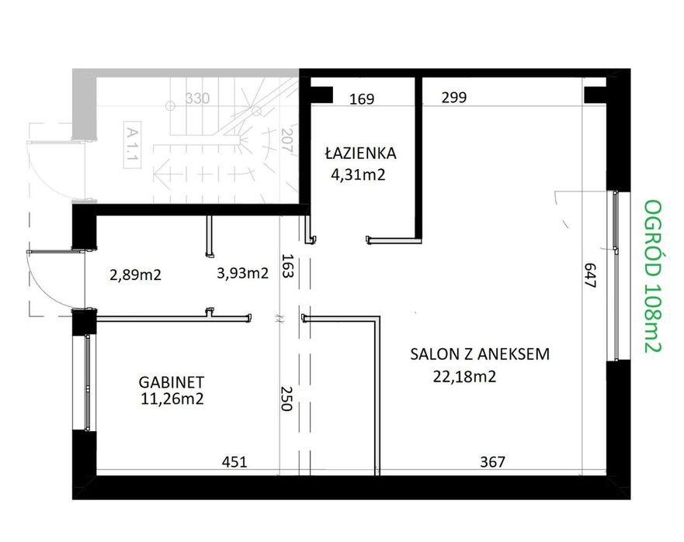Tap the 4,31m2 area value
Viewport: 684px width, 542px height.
[358, 174]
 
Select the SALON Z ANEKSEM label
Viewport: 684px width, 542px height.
[480, 354]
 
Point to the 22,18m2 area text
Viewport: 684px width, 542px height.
[464, 378]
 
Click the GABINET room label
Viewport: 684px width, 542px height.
[171, 381]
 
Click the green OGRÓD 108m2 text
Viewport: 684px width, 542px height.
[653, 276]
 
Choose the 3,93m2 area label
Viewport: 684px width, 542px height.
[242, 273]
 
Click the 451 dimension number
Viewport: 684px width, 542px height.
[234, 462]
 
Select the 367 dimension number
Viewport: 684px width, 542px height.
[492, 462]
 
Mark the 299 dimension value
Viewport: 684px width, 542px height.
[454, 98]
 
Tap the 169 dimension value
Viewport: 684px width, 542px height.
[362, 99]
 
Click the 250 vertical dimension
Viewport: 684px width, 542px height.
[286, 399]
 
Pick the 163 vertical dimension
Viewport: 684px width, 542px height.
[286, 267]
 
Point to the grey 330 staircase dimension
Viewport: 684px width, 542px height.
[198, 98]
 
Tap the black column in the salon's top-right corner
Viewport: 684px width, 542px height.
[595, 94]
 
